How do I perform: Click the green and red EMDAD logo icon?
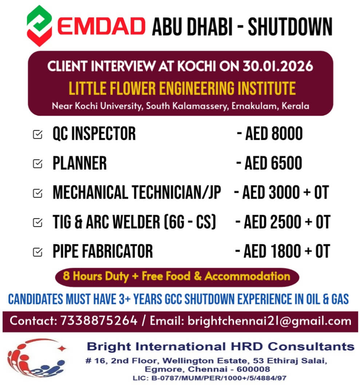point(39,26)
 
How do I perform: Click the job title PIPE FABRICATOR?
point(103,251)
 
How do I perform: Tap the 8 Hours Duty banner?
point(177,276)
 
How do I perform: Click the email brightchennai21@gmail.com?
point(269,321)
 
